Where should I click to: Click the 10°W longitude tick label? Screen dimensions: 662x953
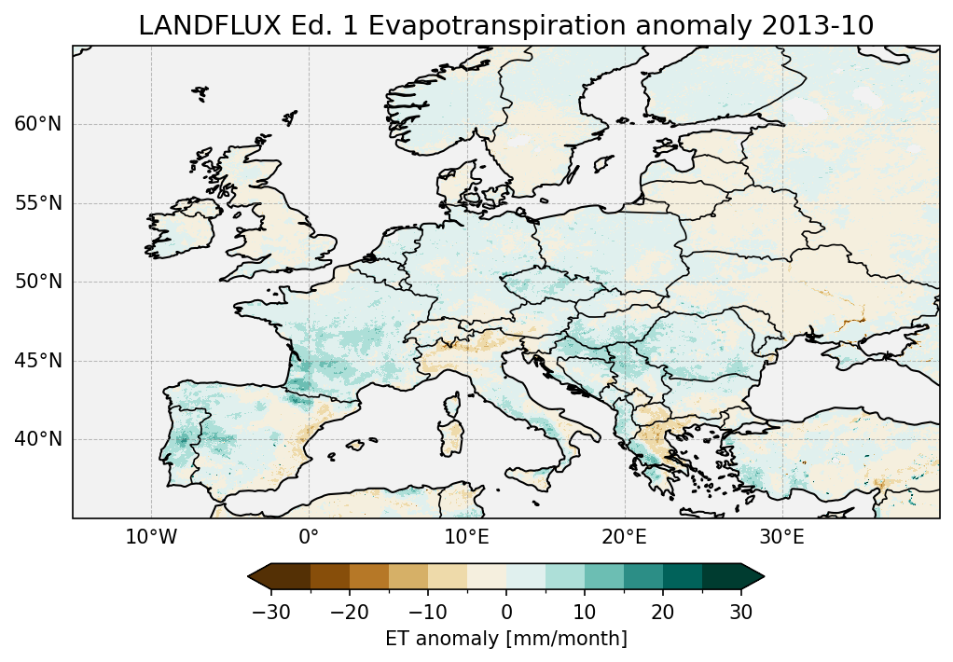[151, 537]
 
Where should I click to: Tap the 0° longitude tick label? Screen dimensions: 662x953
[309, 537]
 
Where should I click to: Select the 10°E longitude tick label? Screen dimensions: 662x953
[466, 537]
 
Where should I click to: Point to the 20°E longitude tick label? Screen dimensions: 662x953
[624, 537]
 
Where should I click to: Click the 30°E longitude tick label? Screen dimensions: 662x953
[781, 537]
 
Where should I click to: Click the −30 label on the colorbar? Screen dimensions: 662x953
[270, 612]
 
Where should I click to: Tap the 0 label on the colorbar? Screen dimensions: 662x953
[506, 612]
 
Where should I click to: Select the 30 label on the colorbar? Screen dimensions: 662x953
[741, 612]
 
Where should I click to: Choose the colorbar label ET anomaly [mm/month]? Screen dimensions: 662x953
[506, 639]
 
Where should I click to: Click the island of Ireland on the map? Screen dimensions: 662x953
[183, 233]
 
